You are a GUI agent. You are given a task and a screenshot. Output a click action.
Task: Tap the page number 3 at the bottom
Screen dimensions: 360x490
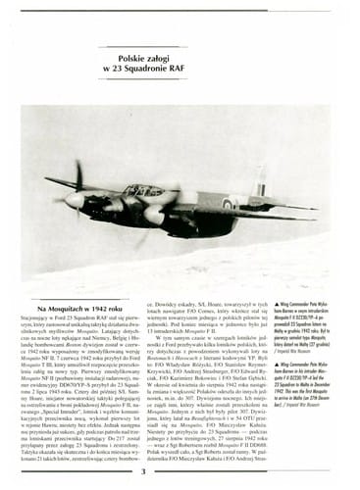(144, 473)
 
